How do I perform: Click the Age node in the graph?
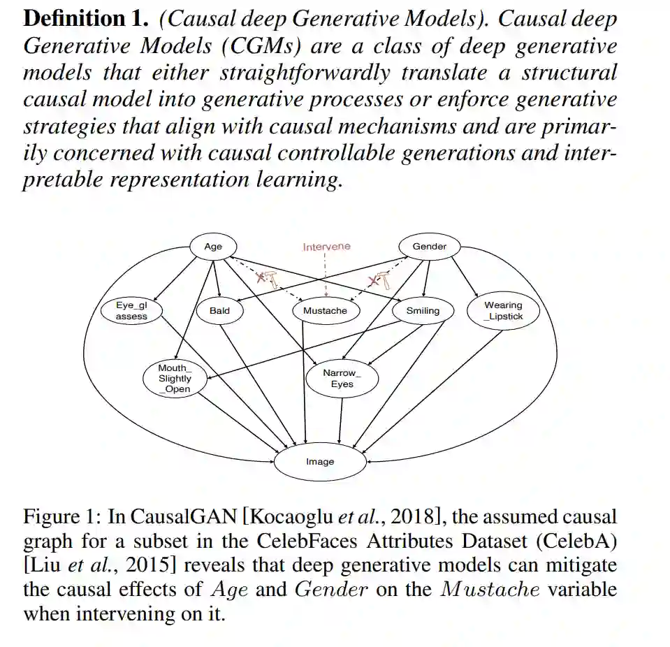point(213,247)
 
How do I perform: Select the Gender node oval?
point(429,247)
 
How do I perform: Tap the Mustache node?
point(325,311)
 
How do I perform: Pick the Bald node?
point(219,311)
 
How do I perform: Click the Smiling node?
point(423,311)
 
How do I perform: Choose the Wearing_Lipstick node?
point(503,311)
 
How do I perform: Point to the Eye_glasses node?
point(131,311)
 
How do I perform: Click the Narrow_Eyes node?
point(342,378)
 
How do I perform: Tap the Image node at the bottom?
point(320,462)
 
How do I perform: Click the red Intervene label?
point(326,247)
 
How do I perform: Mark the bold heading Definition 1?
point(85,19)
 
